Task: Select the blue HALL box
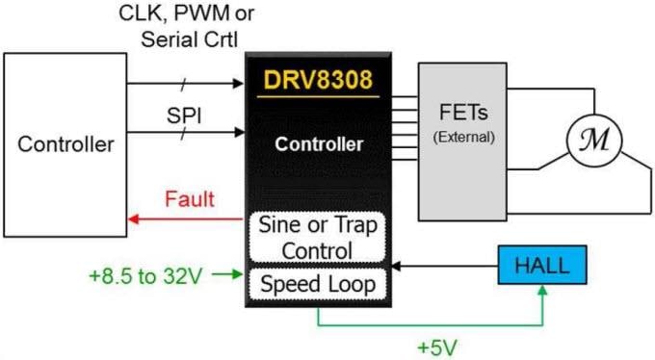(542, 264)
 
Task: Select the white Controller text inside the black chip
(319, 145)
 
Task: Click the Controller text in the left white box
(65, 145)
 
